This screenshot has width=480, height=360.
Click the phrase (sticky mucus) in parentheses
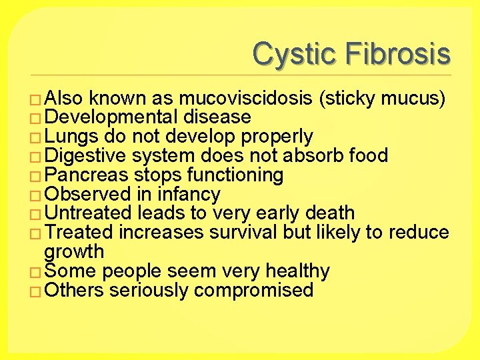tap(383, 99)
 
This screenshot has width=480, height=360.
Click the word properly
tap(277, 137)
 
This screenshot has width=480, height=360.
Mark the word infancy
tap(189, 195)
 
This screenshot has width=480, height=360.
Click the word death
tap(329, 213)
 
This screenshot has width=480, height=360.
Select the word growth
tap(74, 252)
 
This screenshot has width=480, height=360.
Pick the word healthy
tap(297, 271)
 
